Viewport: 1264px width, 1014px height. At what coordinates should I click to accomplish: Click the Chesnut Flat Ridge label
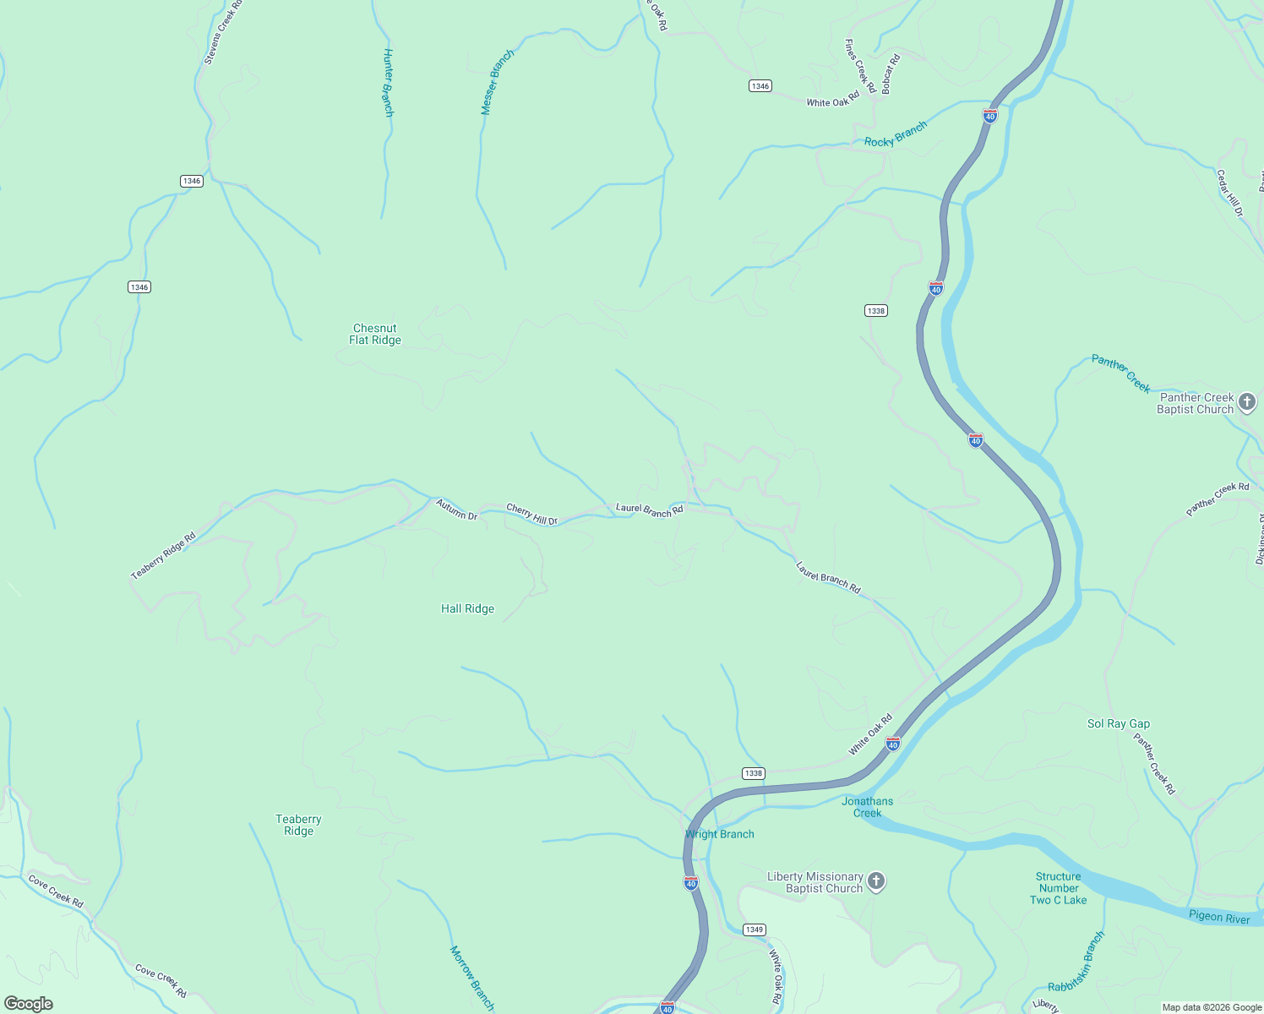375,335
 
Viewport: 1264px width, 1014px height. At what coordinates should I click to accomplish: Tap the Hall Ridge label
467,609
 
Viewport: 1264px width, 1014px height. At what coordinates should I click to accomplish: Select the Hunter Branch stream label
389,82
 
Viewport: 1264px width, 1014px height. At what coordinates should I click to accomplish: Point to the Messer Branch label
497,82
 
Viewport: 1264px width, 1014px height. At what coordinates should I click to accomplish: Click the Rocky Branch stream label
896,134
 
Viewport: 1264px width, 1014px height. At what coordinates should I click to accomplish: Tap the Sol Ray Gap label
1118,724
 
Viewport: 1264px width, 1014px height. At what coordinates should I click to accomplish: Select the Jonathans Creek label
867,807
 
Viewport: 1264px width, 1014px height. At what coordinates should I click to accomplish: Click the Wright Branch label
719,835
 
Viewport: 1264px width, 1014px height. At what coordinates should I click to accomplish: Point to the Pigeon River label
1218,917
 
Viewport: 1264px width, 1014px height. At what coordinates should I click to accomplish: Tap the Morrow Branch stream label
471,978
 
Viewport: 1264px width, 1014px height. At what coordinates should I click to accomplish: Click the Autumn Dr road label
456,510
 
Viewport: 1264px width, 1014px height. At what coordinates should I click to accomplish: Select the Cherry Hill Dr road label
531,515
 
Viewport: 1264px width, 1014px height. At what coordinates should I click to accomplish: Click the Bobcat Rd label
891,74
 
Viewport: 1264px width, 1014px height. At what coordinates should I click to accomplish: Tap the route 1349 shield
754,929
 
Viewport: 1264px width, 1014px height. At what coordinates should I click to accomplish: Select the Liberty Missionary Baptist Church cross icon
876,882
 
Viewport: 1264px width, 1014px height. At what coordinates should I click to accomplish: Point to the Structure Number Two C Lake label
1058,889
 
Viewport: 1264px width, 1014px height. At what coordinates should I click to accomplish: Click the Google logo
29,1004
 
